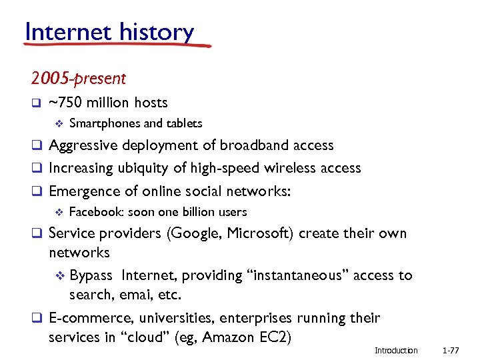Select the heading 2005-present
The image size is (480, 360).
tap(78, 79)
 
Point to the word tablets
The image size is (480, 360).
tap(184, 123)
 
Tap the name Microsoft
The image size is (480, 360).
tap(259, 234)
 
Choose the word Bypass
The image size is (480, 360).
tap(91, 275)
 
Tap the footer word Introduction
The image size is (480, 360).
tap(396, 351)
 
